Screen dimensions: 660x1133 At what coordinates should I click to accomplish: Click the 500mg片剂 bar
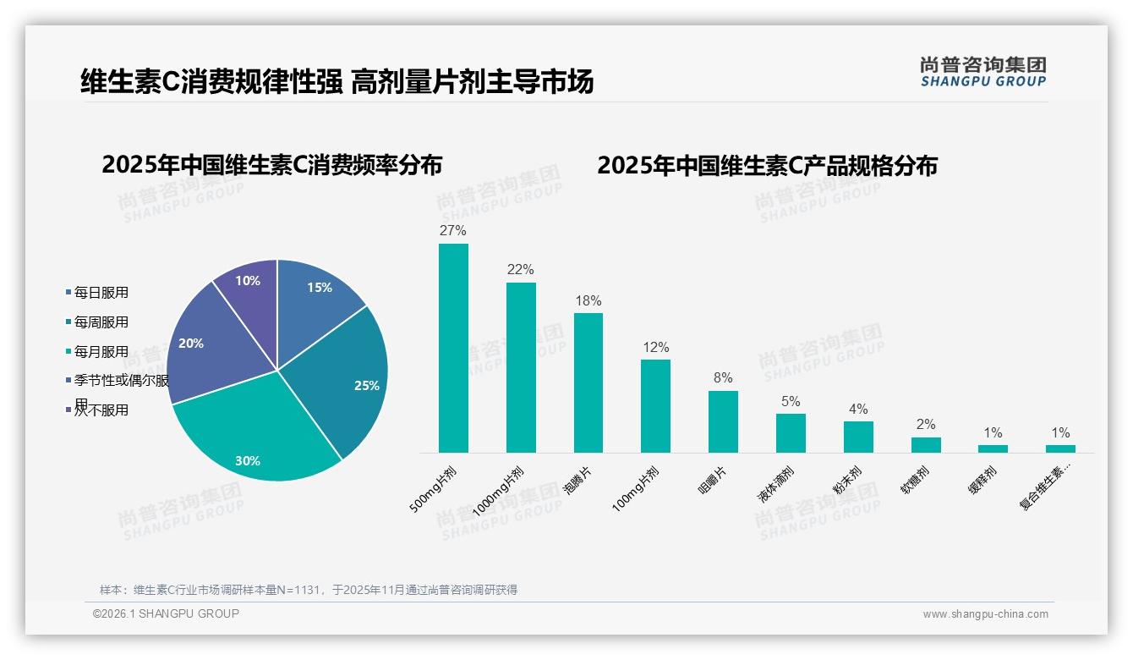453,348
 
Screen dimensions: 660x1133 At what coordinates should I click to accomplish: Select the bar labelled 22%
521,367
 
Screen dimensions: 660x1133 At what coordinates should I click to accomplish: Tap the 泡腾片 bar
588,382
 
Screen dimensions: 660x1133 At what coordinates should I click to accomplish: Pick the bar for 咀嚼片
723,421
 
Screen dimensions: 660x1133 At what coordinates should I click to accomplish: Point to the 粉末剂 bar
858,437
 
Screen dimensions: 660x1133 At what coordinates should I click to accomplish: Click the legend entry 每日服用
101,293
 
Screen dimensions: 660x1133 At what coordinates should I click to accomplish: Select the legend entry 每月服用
101,352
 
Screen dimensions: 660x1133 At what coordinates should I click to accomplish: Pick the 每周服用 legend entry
101,322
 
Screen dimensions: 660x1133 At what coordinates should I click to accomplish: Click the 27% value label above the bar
453,230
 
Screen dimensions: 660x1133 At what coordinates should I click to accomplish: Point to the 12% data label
655,347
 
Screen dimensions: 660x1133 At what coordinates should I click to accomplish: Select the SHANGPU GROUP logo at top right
983,72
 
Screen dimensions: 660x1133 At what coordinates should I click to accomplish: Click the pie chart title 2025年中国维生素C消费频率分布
272,164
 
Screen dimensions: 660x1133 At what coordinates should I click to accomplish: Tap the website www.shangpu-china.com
985,614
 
